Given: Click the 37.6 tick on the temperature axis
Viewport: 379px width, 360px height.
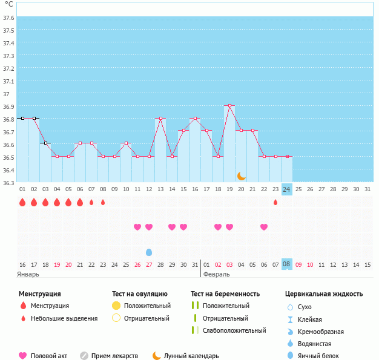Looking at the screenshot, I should pyautogui.click(x=8, y=18).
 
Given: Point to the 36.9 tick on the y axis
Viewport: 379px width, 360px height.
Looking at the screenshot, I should pyautogui.click(x=8, y=106).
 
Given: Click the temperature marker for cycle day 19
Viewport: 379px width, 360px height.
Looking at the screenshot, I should pyautogui.click(x=229, y=106).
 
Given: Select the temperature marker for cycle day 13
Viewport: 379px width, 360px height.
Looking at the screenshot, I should pyautogui.click(x=160, y=119).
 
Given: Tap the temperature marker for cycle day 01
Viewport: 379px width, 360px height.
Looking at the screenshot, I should pyautogui.click(x=22, y=119).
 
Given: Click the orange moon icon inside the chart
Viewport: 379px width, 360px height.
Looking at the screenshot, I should pyautogui.click(x=242, y=175).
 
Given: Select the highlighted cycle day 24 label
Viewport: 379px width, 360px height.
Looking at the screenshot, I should pyautogui.click(x=287, y=189).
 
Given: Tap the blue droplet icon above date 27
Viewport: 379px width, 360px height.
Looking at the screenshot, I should pyautogui.click(x=149, y=252).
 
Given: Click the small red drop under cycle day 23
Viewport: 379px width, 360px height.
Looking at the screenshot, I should pyautogui.click(x=275, y=202).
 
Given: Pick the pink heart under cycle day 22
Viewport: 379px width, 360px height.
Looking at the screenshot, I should pyautogui.click(x=264, y=227).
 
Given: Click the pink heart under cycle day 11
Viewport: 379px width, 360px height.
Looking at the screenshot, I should pyautogui.click(x=137, y=227).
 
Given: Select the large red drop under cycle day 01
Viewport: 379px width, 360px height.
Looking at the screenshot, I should pyautogui.click(x=22, y=202).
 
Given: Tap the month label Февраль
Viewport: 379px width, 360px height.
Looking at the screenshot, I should pyautogui.click(x=216, y=274).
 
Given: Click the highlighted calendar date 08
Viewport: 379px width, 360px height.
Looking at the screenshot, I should pyautogui.click(x=287, y=264).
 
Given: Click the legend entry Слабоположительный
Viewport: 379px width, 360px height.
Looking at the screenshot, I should pyautogui.click(x=234, y=330).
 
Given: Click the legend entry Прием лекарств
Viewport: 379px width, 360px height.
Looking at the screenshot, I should pyautogui.click(x=114, y=356).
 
